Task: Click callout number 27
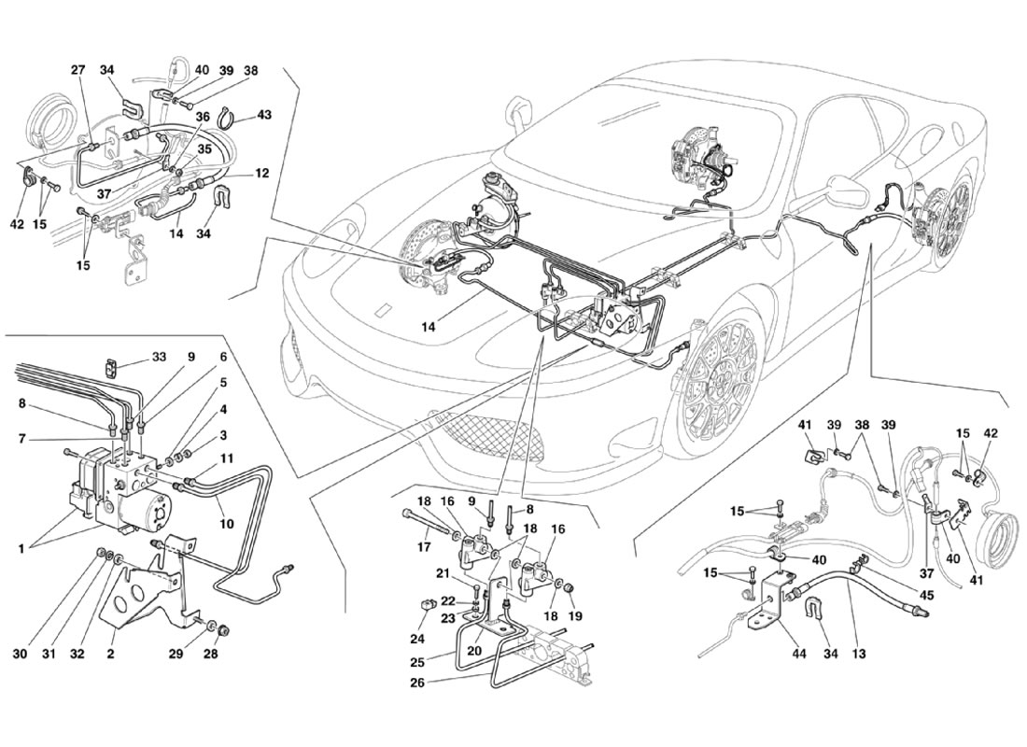(77, 71)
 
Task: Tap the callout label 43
(264, 115)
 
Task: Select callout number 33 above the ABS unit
(159, 358)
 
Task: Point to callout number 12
(262, 175)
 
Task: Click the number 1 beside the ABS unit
(21, 549)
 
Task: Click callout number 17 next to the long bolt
(423, 545)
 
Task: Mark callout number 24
(417, 639)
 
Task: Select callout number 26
(417, 683)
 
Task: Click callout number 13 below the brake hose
(859, 654)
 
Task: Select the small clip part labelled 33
(113, 368)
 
